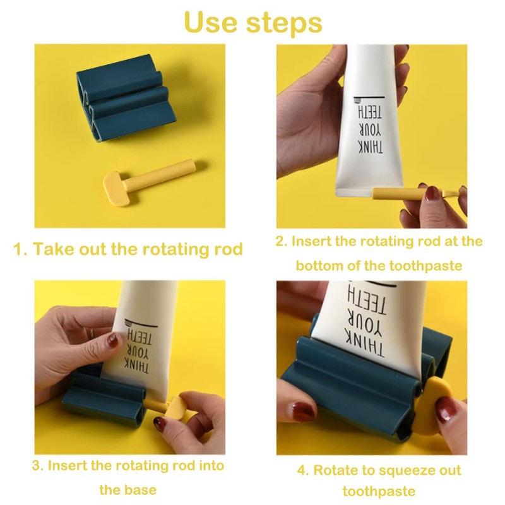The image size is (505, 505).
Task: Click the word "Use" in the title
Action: (x=211, y=22)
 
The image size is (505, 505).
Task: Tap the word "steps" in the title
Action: (x=285, y=24)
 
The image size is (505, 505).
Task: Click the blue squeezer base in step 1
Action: (x=126, y=98)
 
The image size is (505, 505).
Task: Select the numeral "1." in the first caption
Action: (x=20, y=249)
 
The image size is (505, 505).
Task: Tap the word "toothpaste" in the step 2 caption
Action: (x=425, y=266)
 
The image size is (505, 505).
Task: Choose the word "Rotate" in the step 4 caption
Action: (x=335, y=470)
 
